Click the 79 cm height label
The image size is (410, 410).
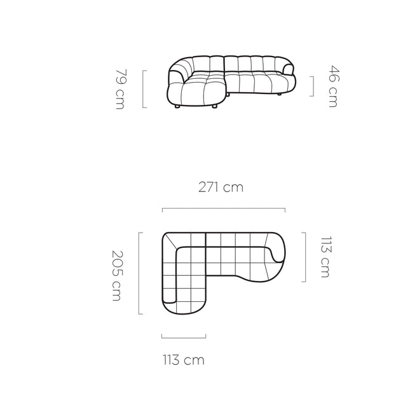tap(121, 89)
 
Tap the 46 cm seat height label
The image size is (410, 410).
tap(334, 86)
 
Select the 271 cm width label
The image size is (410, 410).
tap(221, 188)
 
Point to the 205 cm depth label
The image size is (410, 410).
tap(117, 276)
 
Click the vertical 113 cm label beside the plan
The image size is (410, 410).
tap(326, 257)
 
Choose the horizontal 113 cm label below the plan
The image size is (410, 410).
tap(184, 360)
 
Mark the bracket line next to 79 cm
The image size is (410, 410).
tap(144, 89)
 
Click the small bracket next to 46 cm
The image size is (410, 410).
tap(311, 86)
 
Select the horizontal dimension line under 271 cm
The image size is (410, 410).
tap(224, 209)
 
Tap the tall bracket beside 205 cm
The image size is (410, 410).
tap(140, 273)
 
